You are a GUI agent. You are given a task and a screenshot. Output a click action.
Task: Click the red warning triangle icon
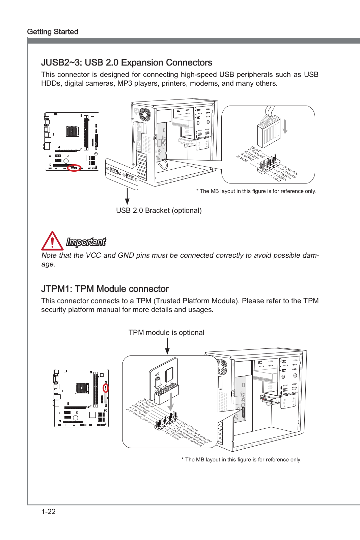52,241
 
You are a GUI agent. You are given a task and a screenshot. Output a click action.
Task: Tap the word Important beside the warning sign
86,242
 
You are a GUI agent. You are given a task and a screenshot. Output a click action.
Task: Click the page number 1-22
48,511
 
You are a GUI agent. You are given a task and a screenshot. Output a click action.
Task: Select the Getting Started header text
53,32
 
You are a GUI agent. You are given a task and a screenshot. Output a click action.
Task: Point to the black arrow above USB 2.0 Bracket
127,196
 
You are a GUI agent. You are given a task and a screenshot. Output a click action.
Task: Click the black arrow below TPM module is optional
167,346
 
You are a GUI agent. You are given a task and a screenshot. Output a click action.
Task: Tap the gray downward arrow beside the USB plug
285,127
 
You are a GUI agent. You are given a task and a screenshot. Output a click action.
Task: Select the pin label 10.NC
256,149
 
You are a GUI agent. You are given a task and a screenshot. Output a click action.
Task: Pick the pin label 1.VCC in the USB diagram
275,178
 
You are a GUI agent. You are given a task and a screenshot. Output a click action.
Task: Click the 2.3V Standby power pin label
139,416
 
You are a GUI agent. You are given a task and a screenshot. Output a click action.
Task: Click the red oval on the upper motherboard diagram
74,168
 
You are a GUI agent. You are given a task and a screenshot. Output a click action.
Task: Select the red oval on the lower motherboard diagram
106,388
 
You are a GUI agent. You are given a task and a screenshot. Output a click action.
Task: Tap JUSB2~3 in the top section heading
61,63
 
